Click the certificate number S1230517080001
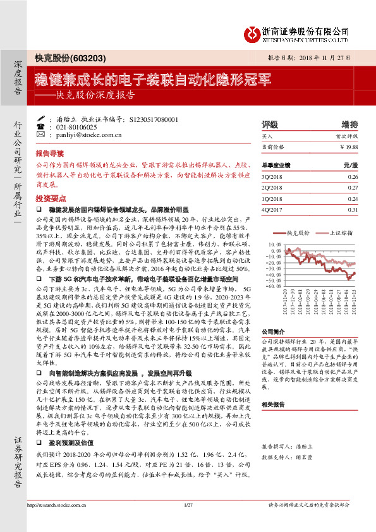pyautogui.click(x=155, y=119)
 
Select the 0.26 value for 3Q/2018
pyautogui.click(x=353, y=177)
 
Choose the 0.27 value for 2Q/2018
pyautogui.click(x=353, y=188)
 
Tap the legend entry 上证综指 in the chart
pyautogui.click(x=341, y=233)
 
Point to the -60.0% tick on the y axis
pyautogui.click(x=275, y=286)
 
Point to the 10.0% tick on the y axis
pyautogui.click(x=276, y=244)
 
